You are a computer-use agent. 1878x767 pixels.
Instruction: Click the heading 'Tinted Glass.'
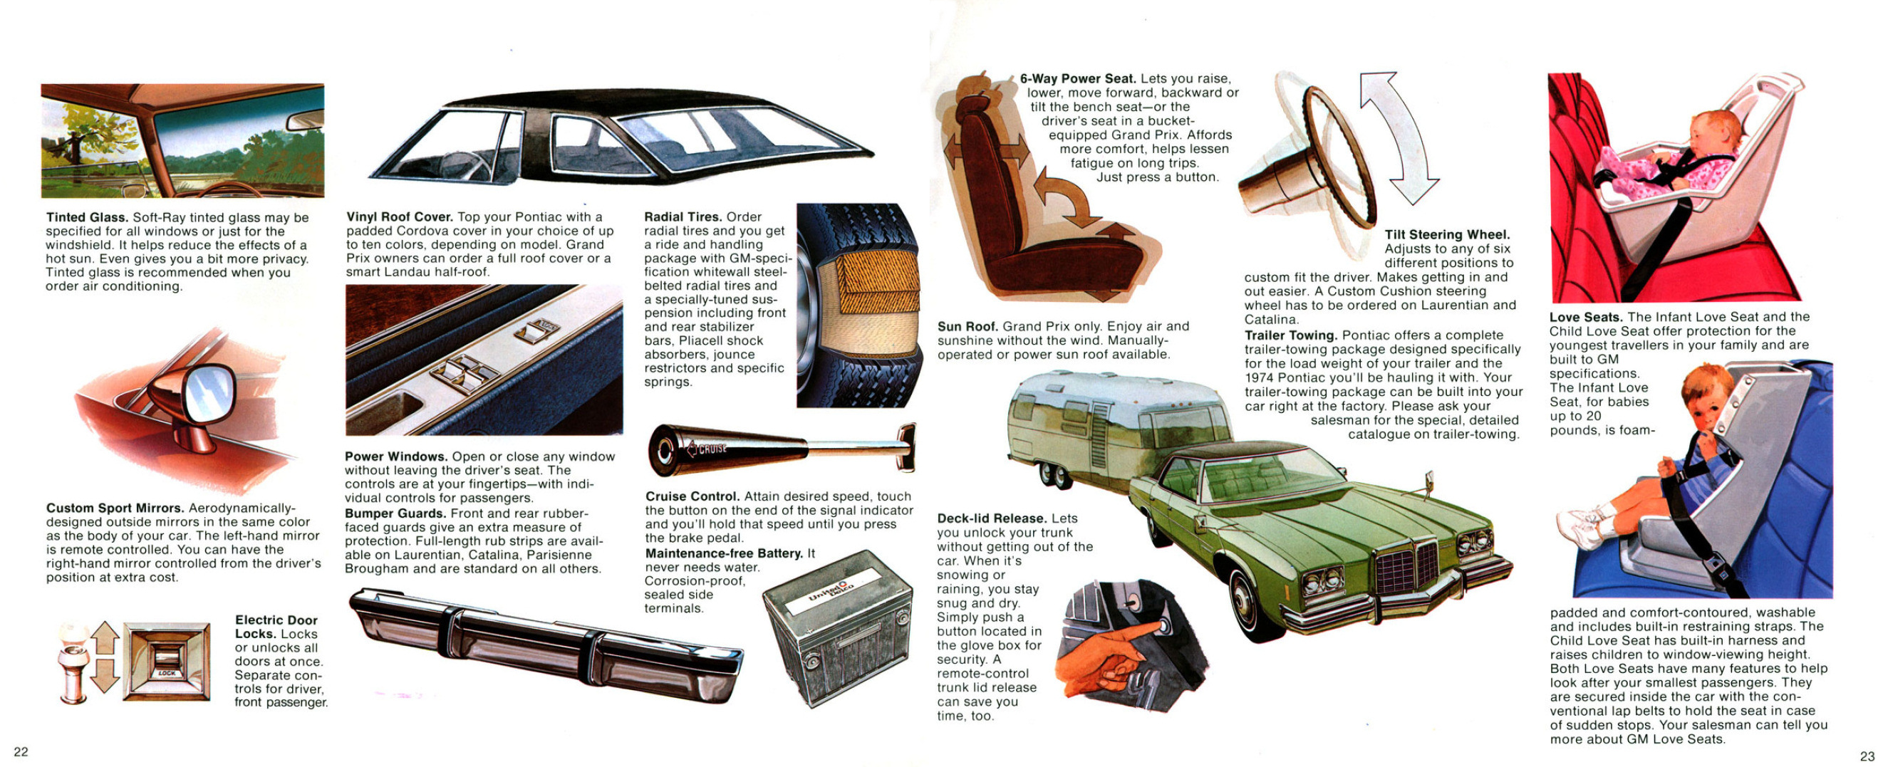pyautogui.click(x=88, y=217)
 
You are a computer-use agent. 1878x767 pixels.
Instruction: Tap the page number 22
pyautogui.click(x=21, y=752)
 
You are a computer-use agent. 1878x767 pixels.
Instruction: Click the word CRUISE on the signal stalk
pyautogui.click(x=712, y=449)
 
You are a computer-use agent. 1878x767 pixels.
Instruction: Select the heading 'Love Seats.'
pyautogui.click(x=1586, y=317)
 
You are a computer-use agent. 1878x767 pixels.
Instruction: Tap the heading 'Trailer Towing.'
pyautogui.click(x=1290, y=335)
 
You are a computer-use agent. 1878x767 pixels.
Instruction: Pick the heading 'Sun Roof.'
pyautogui.click(x=967, y=327)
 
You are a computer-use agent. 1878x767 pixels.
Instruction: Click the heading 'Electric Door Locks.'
pyautogui.click(x=276, y=627)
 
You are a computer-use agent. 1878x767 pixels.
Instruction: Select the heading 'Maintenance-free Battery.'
pyautogui.click(x=724, y=553)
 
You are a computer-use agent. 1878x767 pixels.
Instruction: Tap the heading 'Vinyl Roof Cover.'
pyautogui.click(x=400, y=216)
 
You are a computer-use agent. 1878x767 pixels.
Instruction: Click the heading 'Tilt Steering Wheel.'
pyautogui.click(x=1447, y=234)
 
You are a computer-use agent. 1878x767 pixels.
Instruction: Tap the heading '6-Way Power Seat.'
pyautogui.click(x=1077, y=78)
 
